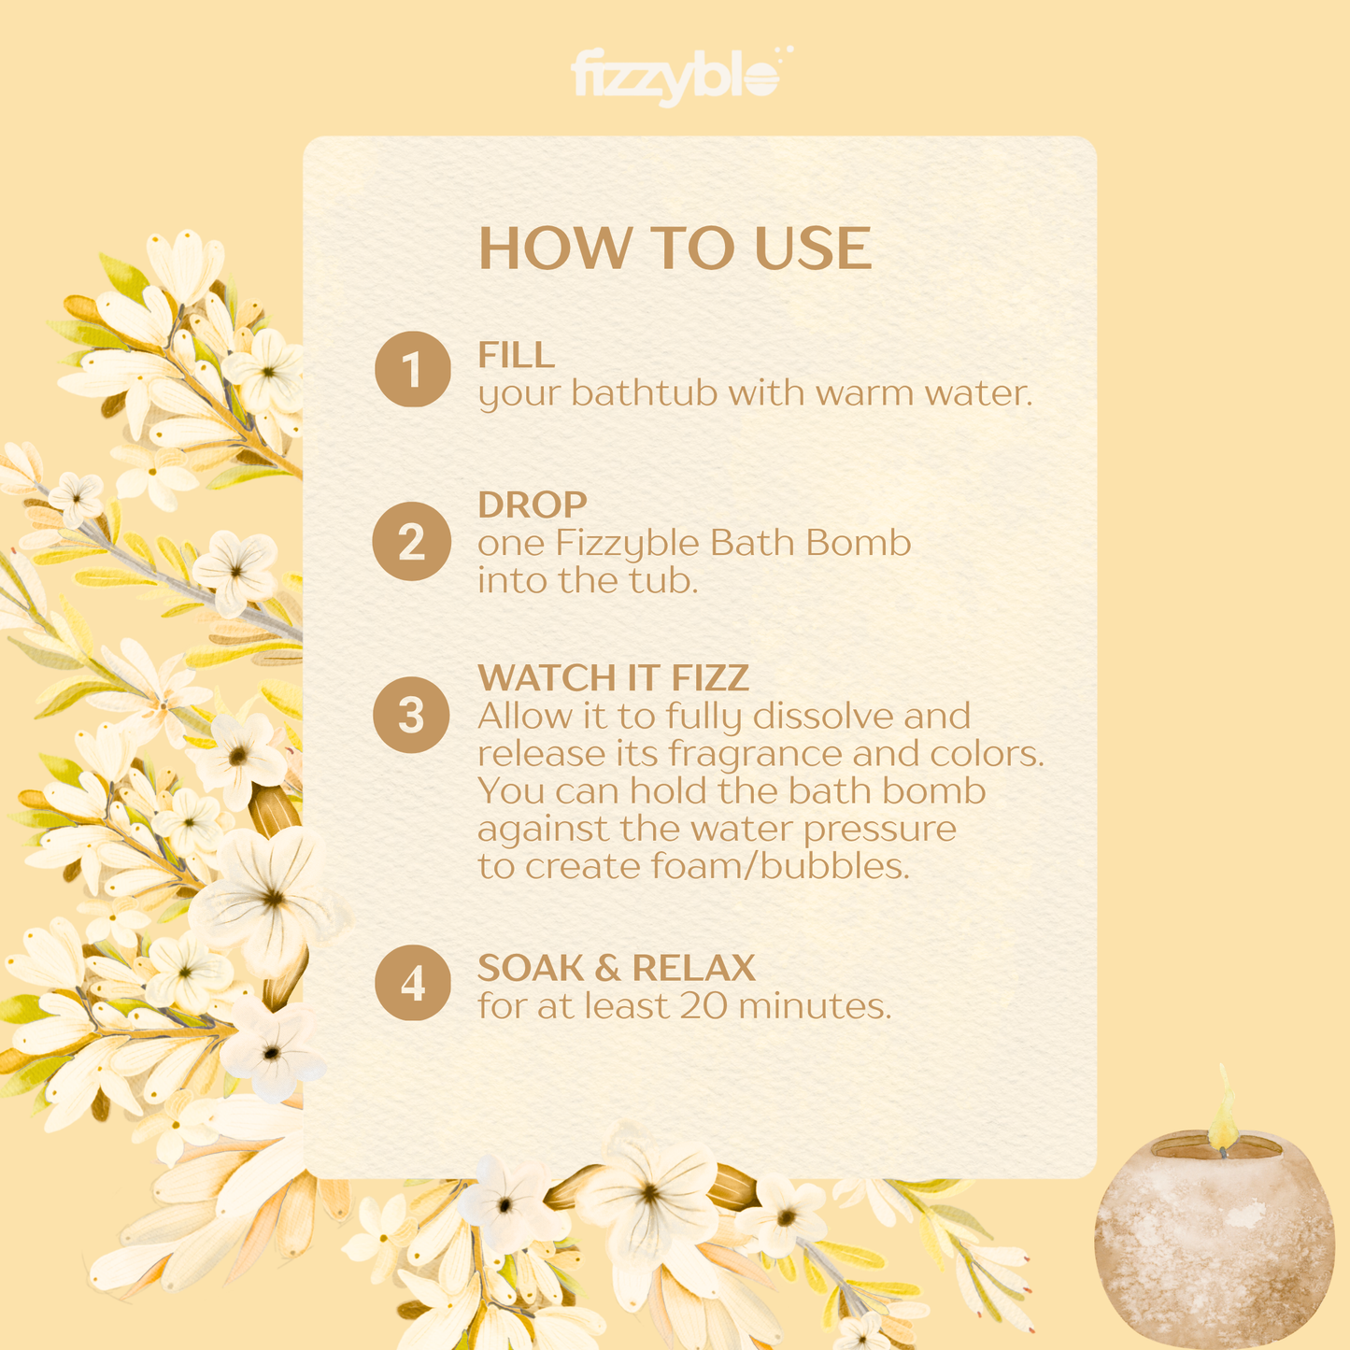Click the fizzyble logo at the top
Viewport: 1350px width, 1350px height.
click(682, 77)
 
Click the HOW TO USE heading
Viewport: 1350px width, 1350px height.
click(675, 248)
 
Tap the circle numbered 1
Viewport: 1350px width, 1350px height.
click(413, 369)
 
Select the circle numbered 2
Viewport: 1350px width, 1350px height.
click(411, 541)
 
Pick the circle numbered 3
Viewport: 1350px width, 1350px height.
click(411, 715)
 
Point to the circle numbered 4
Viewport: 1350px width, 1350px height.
click(413, 982)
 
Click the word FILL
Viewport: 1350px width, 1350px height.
click(517, 354)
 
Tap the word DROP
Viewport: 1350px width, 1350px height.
click(533, 504)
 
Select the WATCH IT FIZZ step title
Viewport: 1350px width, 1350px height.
click(614, 677)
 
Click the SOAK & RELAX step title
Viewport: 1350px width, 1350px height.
click(617, 968)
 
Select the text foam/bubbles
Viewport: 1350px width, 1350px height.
click(780, 865)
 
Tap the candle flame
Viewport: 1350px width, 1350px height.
click(1224, 1109)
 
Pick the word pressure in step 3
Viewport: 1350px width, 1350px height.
click(879, 831)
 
